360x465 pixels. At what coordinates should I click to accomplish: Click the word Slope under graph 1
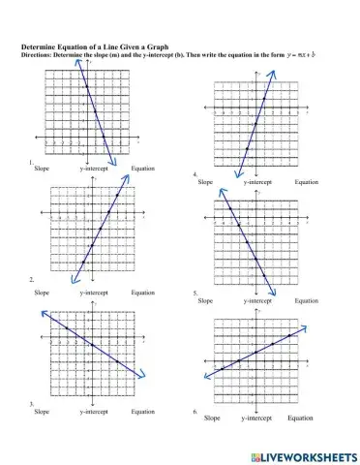42,169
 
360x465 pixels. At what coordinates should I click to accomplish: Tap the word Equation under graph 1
143,169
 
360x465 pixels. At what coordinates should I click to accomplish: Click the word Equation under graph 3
143,412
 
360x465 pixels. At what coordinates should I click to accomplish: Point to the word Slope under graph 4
206,181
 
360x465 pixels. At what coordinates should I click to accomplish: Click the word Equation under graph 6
301,418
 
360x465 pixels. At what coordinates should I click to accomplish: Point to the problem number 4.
195,174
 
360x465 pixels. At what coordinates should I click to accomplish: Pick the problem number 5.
195,293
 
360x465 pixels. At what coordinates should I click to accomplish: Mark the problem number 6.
195,411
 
